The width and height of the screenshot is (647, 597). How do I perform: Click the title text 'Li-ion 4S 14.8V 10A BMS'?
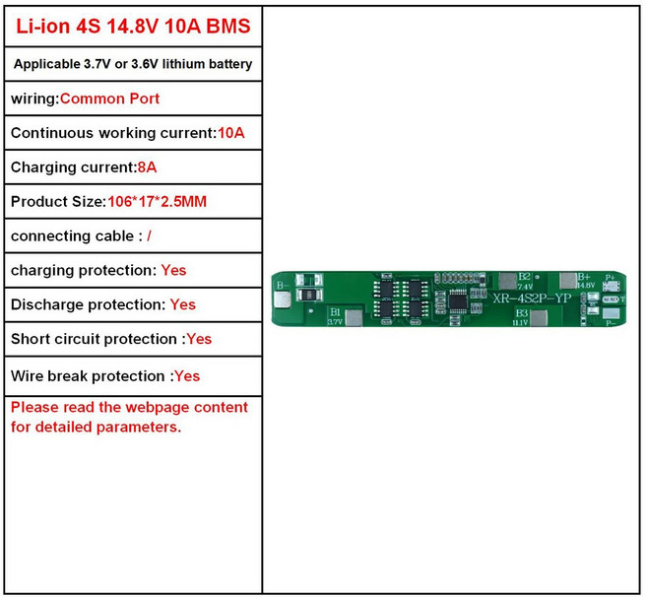click(x=133, y=27)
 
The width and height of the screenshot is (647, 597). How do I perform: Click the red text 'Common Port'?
click(x=110, y=99)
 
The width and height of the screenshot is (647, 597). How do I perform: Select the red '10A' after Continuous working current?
click(x=230, y=133)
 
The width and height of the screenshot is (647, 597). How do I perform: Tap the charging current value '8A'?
click(x=147, y=167)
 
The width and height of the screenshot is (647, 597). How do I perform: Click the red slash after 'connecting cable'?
click(x=149, y=236)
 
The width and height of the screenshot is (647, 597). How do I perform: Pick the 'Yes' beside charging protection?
click(x=173, y=270)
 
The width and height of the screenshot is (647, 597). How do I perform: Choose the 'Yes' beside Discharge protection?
click(x=183, y=305)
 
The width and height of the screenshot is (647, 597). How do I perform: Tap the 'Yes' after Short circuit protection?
click(x=199, y=339)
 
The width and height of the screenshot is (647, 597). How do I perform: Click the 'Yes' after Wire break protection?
click(x=187, y=376)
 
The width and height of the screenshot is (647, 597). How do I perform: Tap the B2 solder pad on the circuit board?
click(x=509, y=281)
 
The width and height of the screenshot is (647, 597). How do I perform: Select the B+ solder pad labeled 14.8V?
click(x=568, y=281)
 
